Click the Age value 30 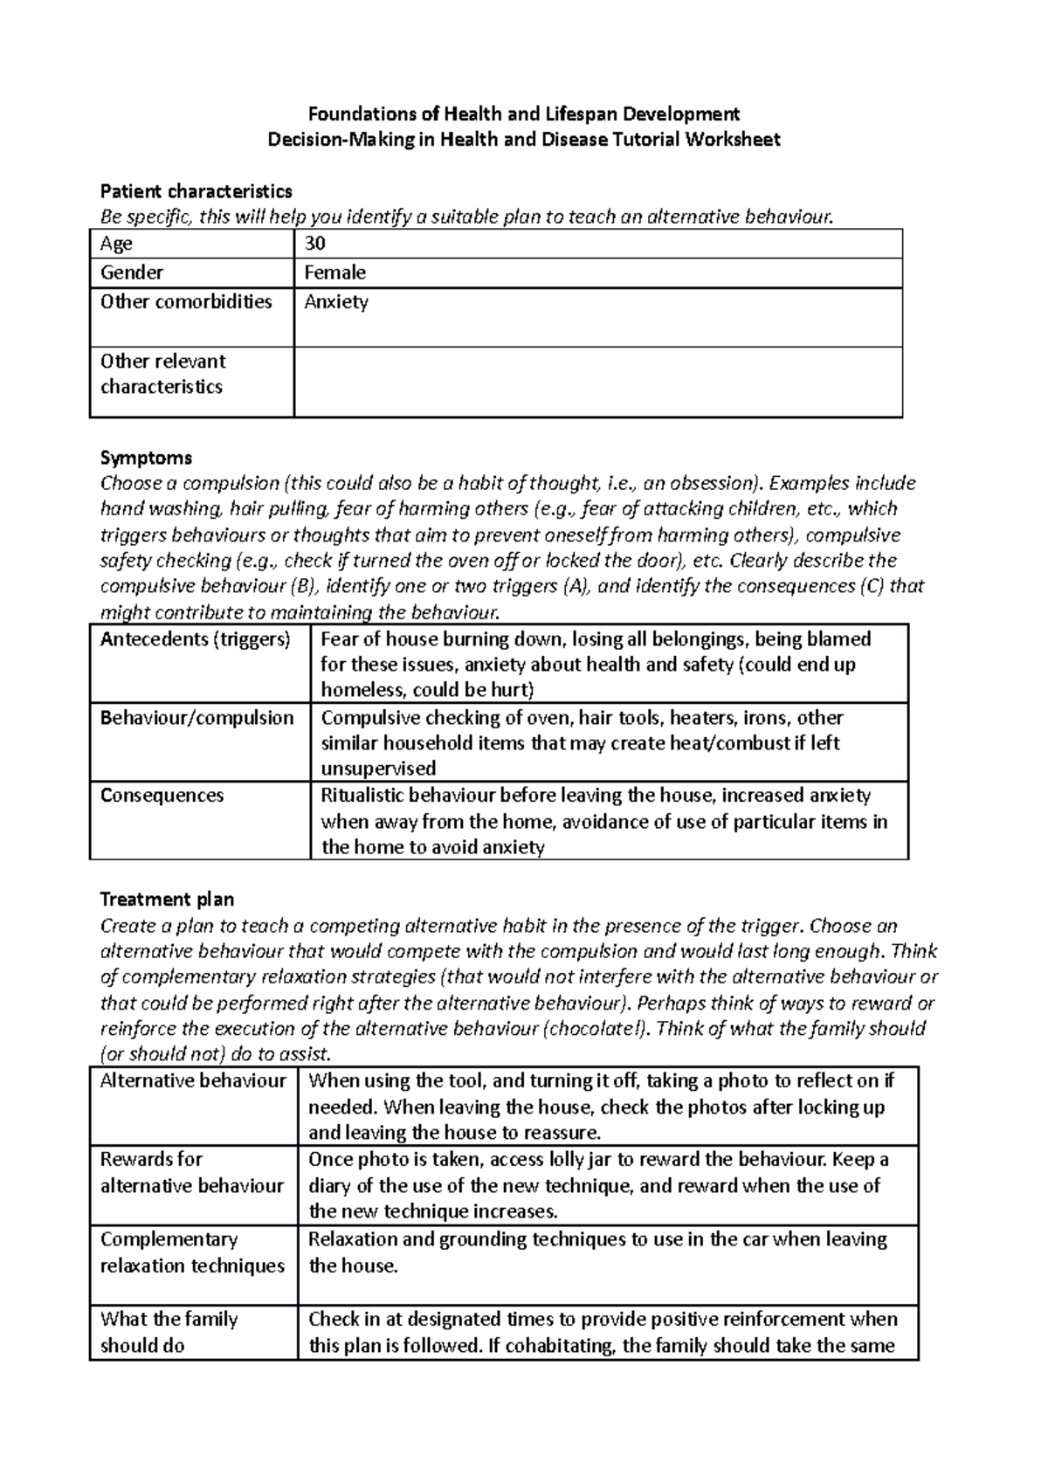314,244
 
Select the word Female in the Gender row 334,272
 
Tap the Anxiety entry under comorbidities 336,302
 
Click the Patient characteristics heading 196,191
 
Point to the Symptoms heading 146,458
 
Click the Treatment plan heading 168,900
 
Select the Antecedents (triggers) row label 195,639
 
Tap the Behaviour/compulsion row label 196,718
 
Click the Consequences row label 162,796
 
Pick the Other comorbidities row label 186,302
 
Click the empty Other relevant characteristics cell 597,382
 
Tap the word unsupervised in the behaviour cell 378,769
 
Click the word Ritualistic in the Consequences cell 363,796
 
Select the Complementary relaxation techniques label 192,1252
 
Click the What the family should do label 169,1332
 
